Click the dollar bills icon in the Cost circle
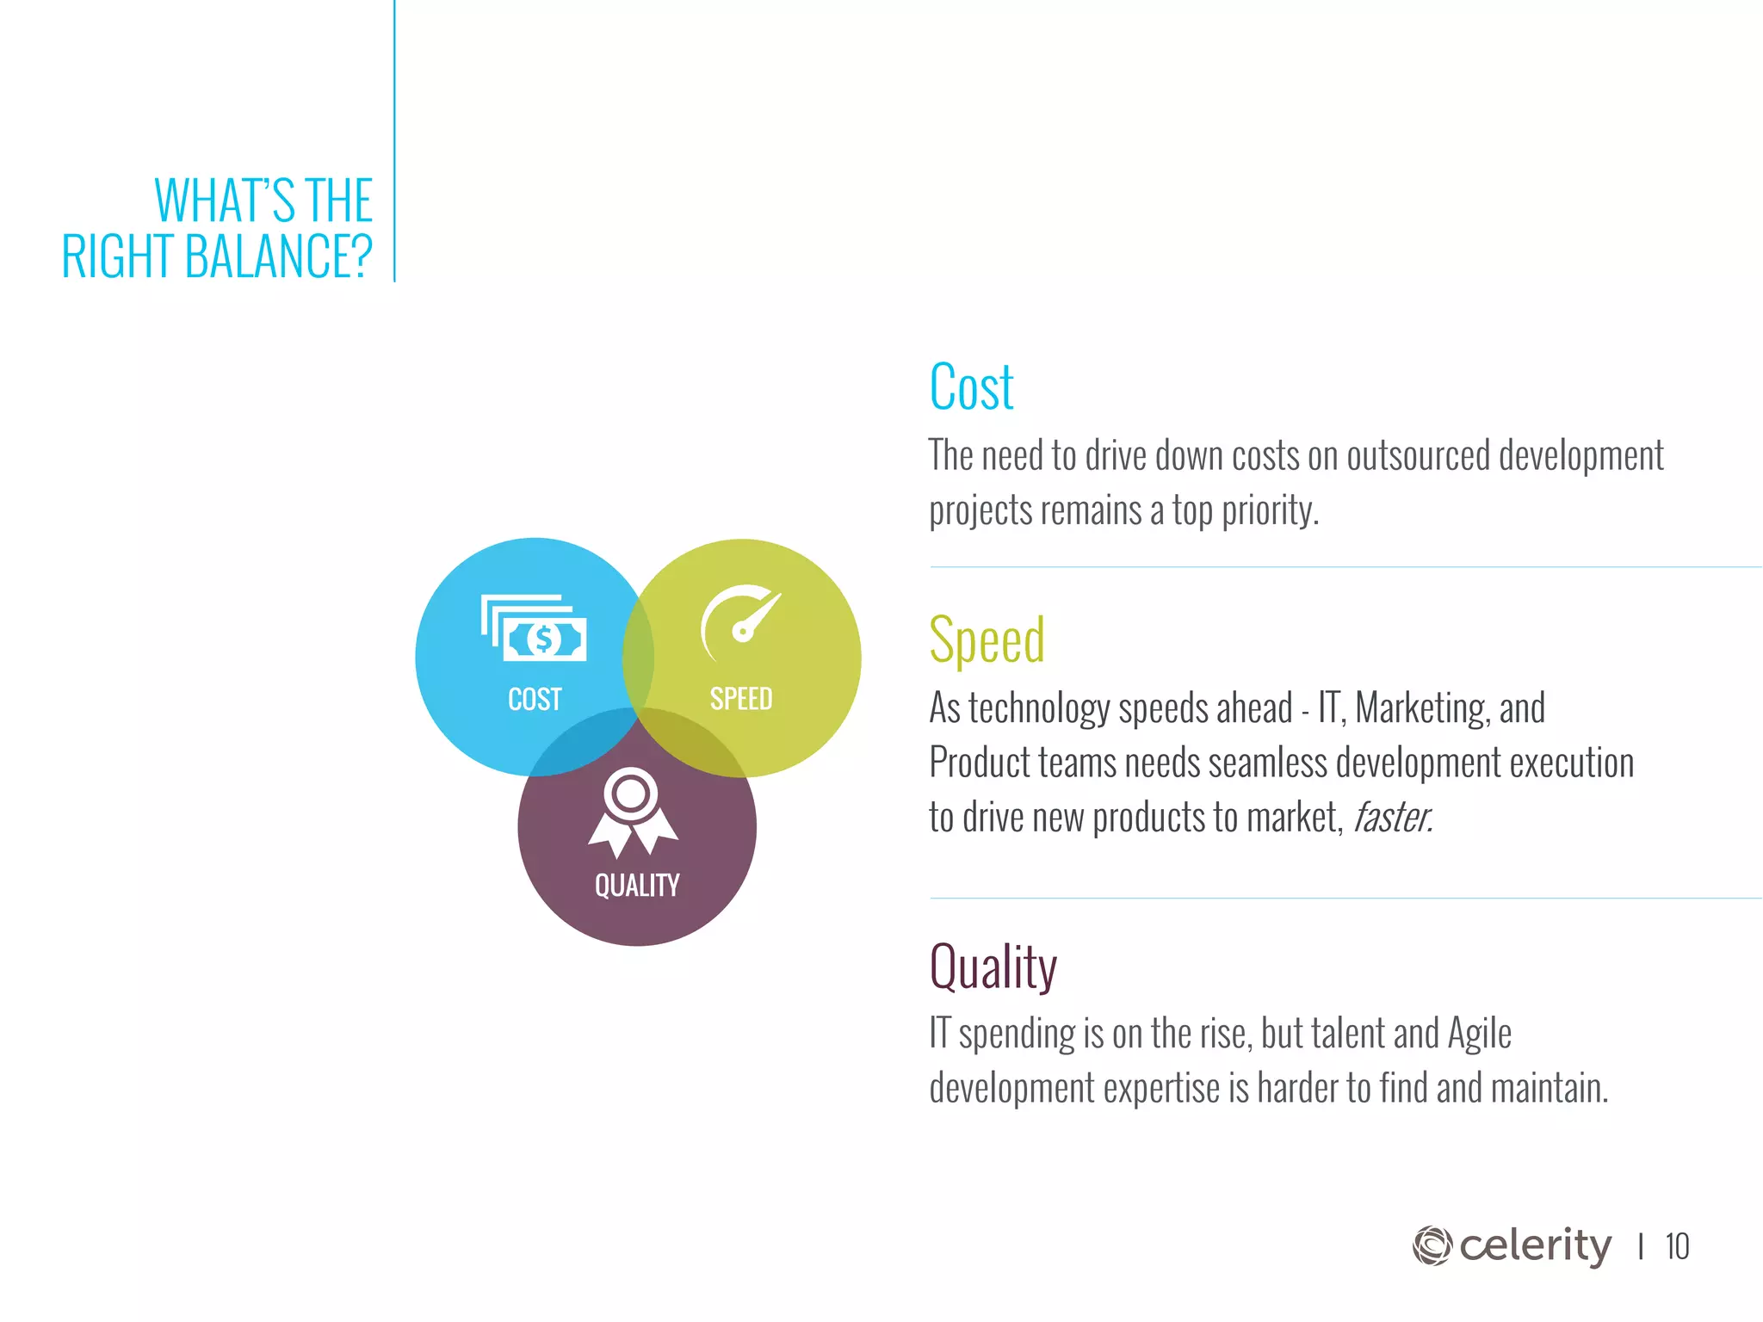tap(534, 628)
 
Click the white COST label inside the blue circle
tap(535, 699)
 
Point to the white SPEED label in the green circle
tap(740, 699)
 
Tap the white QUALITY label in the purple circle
tap(637, 886)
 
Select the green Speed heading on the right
tap(987, 640)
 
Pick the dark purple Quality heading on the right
tap(993, 967)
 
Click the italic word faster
tap(1392, 818)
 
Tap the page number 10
tap(1677, 1247)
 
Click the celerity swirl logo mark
tap(1432, 1245)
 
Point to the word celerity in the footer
tap(1535, 1245)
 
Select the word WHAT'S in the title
tap(225, 201)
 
